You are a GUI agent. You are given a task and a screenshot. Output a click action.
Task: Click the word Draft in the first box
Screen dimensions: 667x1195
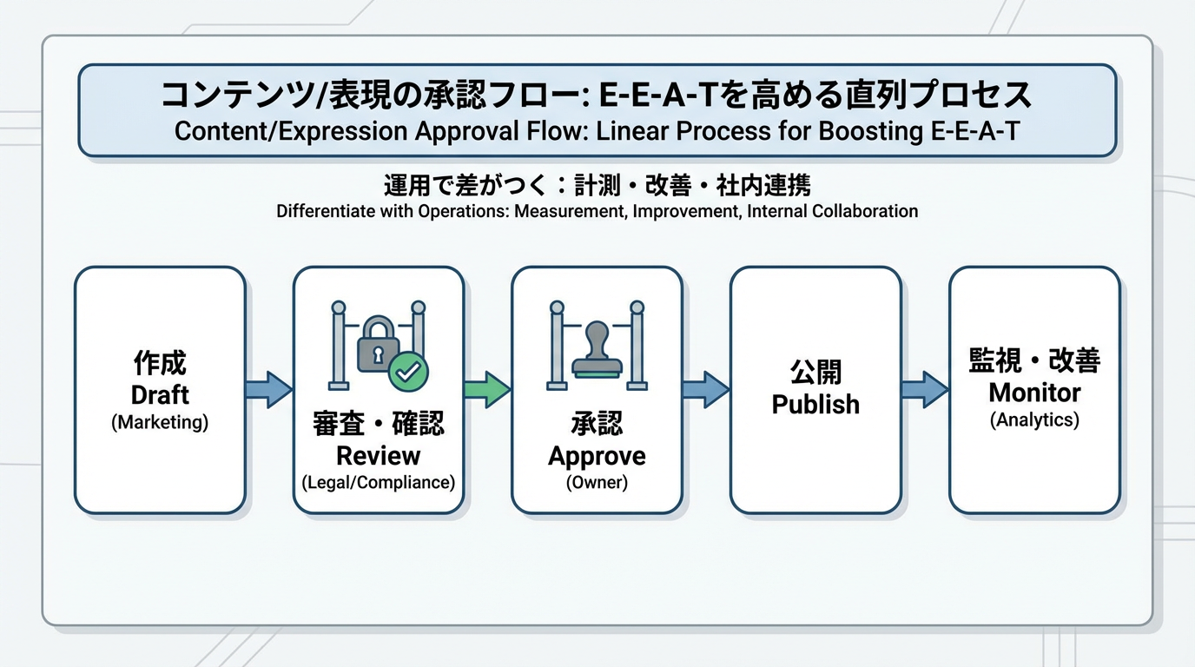[160, 395]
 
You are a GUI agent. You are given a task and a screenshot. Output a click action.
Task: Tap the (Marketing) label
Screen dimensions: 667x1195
[160, 423]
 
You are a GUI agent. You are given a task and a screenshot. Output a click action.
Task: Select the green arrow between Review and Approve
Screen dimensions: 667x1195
[486, 389]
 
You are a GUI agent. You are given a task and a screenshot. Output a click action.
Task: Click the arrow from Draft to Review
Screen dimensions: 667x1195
[268, 389]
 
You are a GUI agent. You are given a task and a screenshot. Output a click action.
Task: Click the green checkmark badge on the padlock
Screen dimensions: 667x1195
[407, 371]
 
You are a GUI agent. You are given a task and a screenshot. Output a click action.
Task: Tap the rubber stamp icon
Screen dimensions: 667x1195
[597, 350]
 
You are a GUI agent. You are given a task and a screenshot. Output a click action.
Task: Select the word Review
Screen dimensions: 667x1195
[378, 455]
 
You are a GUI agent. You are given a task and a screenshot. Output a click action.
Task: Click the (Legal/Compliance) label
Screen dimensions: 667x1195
[378, 483]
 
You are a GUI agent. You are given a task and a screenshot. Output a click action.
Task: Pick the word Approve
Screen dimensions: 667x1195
[597, 456]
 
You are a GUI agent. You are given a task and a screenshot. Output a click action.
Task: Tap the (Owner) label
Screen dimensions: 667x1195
[597, 483]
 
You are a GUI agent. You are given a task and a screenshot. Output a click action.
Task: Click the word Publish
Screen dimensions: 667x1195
[815, 405]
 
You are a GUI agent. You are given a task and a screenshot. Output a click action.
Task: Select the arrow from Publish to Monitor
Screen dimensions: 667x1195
[924, 389]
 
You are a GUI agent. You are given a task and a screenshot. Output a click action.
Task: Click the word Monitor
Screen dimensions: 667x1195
[1034, 393]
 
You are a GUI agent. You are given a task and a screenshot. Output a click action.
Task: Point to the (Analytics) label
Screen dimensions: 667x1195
[1034, 420]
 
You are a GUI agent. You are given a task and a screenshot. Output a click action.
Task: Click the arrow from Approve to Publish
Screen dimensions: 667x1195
[705, 389]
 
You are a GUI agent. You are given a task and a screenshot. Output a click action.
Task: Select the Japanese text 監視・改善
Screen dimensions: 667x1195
[1034, 360]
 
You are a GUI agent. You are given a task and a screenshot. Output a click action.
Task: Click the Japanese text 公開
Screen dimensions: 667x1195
[815, 373]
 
